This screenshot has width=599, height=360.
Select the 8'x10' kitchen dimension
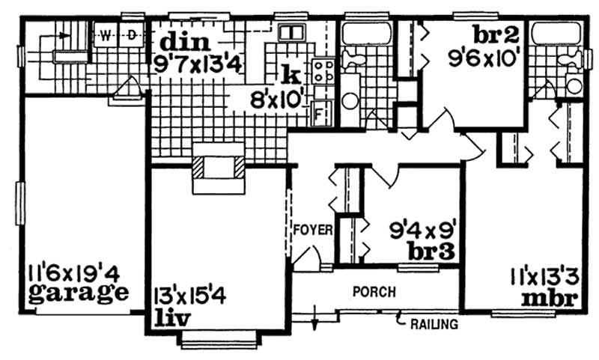tap(274, 97)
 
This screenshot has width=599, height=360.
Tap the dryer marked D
tap(131, 34)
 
